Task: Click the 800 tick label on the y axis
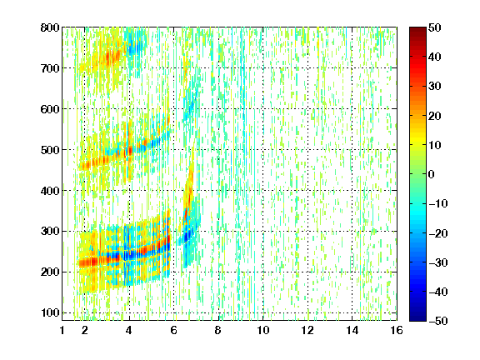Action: [x=50, y=27]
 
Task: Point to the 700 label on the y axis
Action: [x=50, y=68]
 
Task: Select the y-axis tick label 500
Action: [x=50, y=150]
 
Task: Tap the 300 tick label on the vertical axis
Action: [x=50, y=232]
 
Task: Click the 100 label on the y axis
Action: [x=50, y=312]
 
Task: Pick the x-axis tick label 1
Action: [x=62, y=330]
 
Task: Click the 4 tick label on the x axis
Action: [x=129, y=330]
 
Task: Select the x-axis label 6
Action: [x=173, y=330]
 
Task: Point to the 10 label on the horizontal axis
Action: [x=263, y=330]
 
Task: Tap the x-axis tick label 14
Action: [x=352, y=330]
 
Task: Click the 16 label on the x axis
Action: [x=397, y=330]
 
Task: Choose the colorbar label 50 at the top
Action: [x=435, y=27]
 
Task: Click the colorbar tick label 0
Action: [x=432, y=174]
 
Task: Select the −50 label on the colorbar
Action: [x=438, y=321]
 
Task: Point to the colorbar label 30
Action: [x=435, y=87]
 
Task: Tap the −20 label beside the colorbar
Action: [x=438, y=233]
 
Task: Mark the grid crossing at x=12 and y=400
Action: [x=307, y=190]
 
